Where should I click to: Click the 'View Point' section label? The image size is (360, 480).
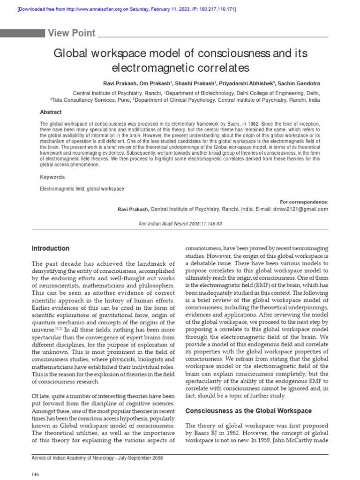pyautogui.click(x=72, y=33)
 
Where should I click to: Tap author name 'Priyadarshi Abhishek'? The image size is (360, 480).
pyautogui.click(x=242, y=83)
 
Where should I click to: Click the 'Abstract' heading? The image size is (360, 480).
pyautogui.click(x=51, y=112)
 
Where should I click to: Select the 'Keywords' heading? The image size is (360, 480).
pyautogui.click(x=52, y=177)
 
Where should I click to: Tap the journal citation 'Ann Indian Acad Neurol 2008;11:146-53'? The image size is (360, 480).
pyautogui.click(x=180, y=224)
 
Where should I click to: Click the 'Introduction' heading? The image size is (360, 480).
pyautogui.click(x=50, y=248)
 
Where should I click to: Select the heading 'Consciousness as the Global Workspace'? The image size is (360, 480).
pyautogui.click(x=248, y=411)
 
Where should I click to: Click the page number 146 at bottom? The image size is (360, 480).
pyautogui.click(x=35, y=474)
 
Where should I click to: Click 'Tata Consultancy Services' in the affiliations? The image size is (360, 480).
pyautogui.click(x=83, y=100)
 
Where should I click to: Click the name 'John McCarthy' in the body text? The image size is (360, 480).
pyautogui.click(x=291, y=442)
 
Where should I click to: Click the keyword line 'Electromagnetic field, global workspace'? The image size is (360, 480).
pyautogui.click(x=82, y=188)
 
